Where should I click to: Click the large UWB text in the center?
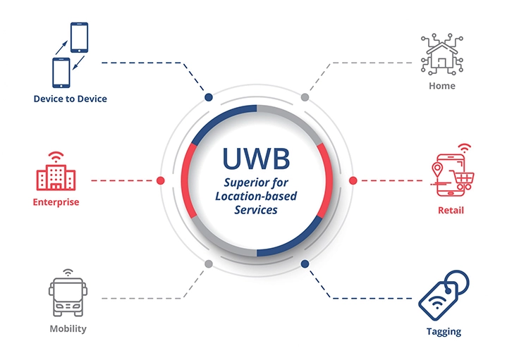[x=256, y=159]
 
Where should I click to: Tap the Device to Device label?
[x=71, y=99]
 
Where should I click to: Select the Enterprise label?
[x=56, y=202]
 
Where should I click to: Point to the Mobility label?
[x=68, y=329]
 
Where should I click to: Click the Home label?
[x=442, y=86]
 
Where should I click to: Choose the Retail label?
[x=451, y=210]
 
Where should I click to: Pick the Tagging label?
[x=444, y=331]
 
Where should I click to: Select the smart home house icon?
[x=442, y=54]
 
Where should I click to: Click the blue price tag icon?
[x=442, y=295]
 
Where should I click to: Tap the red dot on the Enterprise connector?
[x=160, y=180]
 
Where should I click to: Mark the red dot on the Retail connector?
[x=353, y=180]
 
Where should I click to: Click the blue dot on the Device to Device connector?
[x=208, y=97]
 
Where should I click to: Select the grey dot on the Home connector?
[x=305, y=97]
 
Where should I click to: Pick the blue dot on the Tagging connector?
[x=305, y=264]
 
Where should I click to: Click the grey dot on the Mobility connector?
[x=208, y=264]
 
